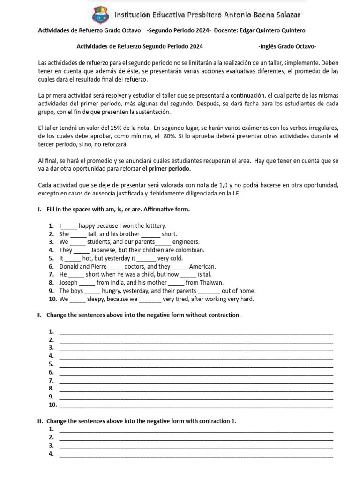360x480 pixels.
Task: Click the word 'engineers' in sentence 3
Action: [186, 242]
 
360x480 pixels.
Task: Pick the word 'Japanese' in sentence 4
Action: [105, 250]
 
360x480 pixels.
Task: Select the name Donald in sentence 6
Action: [68, 266]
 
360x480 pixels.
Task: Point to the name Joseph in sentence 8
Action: [68, 282]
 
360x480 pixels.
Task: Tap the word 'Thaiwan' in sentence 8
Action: [211, 282]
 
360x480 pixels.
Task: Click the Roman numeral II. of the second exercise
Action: [39, 315]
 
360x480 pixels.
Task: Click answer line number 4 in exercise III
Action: [196, 454]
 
